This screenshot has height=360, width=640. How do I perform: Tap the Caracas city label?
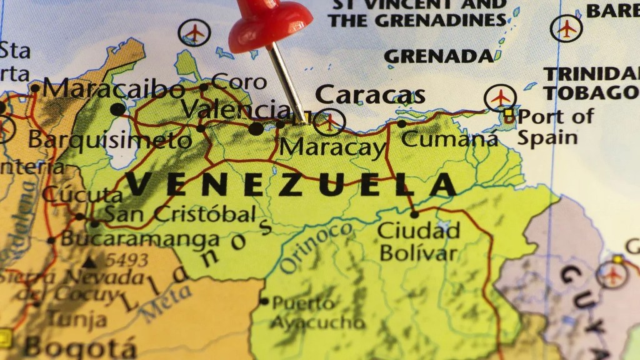pos(370,94)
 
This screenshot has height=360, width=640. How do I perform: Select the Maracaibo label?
pos(114,88)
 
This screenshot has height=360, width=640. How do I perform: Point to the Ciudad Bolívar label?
pos(419,241)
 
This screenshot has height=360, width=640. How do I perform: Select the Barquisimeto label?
pos(109,139)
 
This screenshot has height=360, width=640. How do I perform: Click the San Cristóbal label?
pos(179,214)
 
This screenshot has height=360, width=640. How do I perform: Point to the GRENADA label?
pos(439,56)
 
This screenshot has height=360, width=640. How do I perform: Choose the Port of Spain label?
pos(555,126)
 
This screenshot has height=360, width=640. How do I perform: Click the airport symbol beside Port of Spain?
pos(501,98)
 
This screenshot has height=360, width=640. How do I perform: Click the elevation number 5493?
pos(126,259)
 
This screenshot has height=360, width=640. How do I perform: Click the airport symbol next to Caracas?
pos(329,121)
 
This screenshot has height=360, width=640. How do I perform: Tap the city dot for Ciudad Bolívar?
pos(414,214)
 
